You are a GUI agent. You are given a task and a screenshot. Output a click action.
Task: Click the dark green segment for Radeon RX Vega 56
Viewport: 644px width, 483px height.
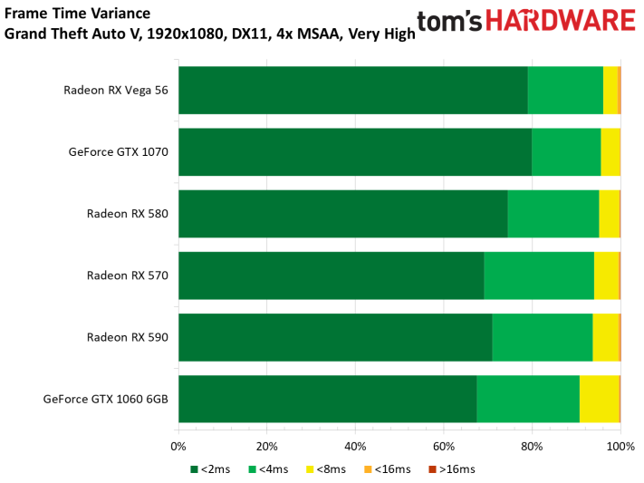pyautogui.click(x=353, y=90)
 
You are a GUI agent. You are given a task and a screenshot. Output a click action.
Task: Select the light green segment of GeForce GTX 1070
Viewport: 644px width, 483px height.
pyautogui.click(x=566, y=152)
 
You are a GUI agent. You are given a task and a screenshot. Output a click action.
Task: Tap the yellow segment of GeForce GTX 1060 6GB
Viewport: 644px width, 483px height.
pyautogui.click(x=600, y=399)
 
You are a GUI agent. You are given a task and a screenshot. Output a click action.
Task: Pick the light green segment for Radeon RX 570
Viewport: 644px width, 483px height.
pyautogui.click(x=539, y=275)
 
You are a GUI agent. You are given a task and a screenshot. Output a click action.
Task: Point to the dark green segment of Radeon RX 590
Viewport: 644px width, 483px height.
pyautogui.click(x=335, y=337)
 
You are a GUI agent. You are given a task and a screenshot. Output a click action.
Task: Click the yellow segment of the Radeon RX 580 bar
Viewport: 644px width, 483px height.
pyautogui.click(x=609, y=214)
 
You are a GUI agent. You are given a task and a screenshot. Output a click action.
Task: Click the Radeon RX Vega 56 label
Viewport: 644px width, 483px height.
pyautogui.click(x=116, y=91)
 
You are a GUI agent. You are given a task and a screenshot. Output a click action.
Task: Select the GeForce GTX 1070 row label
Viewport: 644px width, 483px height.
pyautogui.click(x=119, y=152)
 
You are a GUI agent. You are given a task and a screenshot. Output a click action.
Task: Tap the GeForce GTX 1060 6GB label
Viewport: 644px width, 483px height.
pyautogui.click(x=106, y=399)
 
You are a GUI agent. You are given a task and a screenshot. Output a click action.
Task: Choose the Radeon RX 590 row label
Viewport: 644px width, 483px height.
pyautogui.click(x=128, y=337)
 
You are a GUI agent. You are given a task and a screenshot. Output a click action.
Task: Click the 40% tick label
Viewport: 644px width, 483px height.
pyautogui.click(x=355, y=447)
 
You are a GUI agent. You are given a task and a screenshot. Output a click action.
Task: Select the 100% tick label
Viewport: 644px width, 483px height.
pyautogui.click(x=620, y=447)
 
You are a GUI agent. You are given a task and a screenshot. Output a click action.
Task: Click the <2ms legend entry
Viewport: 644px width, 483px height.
pyautogui.click(x=210, y=469)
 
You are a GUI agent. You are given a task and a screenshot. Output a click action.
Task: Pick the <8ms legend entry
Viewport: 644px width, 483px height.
pyautogui.click(x=326, y=469)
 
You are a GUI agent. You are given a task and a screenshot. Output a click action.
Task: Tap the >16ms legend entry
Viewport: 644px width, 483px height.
pyautogui.click(x=452, y=469)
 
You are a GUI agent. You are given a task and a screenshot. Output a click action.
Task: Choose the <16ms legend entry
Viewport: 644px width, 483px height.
pyautogui.click(x=388, y=469)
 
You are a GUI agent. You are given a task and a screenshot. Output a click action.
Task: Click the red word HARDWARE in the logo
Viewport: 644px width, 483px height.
pyautogui.click(x=561, y=21)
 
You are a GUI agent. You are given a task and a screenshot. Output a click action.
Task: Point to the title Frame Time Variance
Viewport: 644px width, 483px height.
pyautogui.click(x=77, y=14)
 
